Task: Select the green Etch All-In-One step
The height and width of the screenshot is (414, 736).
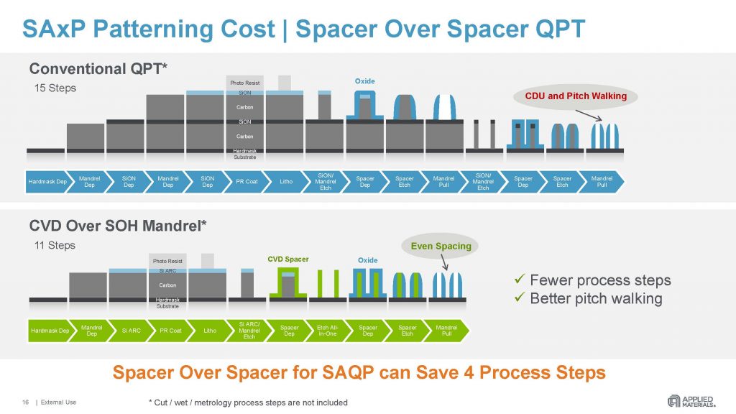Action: [x=328, y=331]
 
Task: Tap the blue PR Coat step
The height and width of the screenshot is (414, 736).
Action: [x=247, y=181]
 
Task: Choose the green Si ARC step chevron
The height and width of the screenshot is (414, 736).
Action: [x=130, y=331]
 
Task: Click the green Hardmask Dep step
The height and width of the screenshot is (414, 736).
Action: [x=50, y=331]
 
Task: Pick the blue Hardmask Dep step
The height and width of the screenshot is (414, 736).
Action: [x=47, y=181]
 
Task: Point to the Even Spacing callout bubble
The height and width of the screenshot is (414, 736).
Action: [x=441, y=246]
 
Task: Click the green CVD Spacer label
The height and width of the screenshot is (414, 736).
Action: [x=287, y=259]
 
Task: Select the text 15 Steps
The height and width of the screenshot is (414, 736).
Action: [x=55, y=88]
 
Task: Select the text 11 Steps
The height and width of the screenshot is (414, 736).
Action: [x=55, y=245]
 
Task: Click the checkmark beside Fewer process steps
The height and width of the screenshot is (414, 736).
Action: [x=520, y=280]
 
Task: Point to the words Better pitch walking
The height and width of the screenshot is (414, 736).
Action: [x=596, y=298]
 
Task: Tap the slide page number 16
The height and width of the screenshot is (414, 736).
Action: [x=25, y=402]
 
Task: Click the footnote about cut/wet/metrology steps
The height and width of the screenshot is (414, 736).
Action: [x=244, y=402]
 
